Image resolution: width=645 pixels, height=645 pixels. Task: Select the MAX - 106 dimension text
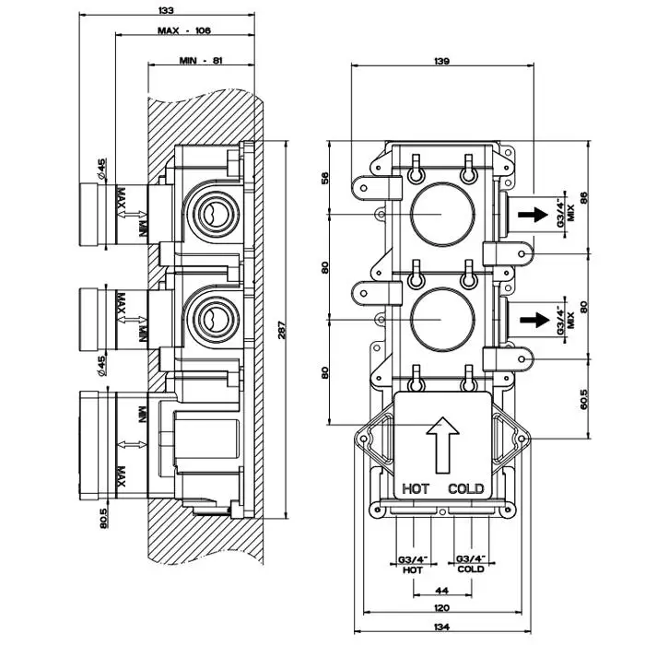tap(184, 31)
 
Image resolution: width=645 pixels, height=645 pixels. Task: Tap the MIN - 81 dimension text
tap(200, 61)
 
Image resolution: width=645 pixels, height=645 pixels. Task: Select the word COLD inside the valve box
tap(465, 488)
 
